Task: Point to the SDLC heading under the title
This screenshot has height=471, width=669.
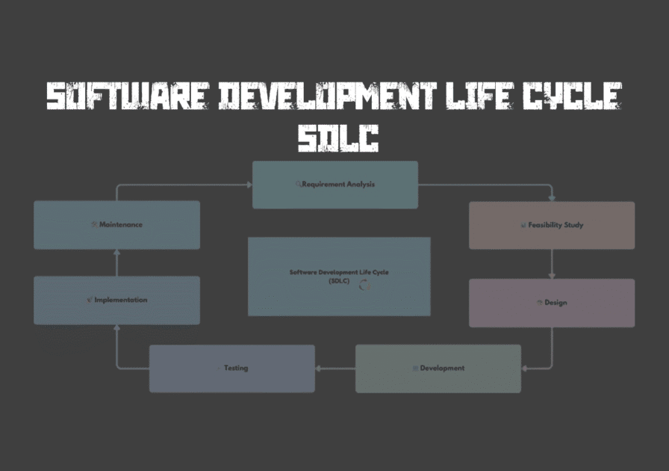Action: point(337,138)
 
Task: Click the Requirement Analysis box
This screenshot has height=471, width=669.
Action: point(334,185)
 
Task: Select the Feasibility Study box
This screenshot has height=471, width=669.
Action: point(552,225)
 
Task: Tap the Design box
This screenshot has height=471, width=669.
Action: point(552,303)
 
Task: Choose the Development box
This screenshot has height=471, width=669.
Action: point(438,369)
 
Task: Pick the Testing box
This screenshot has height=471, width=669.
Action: point(232,369)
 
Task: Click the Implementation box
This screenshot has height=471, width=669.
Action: point(116,301)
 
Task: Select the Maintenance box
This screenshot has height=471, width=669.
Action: point(116,225)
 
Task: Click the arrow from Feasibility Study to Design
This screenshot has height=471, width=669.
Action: point(552,264)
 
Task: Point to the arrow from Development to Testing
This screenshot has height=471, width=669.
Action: point(334,369)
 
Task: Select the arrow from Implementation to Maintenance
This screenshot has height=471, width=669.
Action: point(116,263)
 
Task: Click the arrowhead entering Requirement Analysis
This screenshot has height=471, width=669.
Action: point(249,185)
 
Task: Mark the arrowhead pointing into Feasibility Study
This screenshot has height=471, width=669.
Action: point(552,198)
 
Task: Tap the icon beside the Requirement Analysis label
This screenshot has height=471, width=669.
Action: point(299,185)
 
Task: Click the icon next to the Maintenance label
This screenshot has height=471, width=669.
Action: point(94,224)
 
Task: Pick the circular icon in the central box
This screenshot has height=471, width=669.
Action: point(364,284)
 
